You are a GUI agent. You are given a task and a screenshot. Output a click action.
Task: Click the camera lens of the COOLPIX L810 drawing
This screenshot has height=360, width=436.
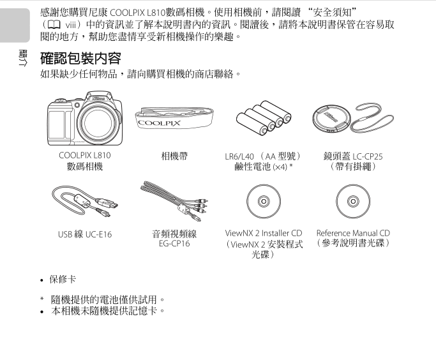tap(98, 123)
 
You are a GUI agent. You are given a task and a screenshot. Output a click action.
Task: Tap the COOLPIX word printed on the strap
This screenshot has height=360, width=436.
tap(159, 123)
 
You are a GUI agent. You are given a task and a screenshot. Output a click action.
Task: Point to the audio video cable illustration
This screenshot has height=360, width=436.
tap(174, 200)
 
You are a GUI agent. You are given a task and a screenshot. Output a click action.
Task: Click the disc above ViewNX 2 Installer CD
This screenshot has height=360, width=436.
tap(264, 201)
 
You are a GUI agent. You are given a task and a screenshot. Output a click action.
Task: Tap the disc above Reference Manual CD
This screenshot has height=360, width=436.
tap(353, 201)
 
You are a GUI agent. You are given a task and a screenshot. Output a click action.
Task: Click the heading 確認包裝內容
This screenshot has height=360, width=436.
tap(80, 58)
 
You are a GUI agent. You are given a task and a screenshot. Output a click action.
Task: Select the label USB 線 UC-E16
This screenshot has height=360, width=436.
tap(85, 234)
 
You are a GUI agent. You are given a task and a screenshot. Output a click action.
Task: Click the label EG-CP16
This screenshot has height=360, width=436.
tap(174, 244)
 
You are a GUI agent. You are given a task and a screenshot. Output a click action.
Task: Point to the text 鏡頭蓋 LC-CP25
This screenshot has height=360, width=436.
tap(353, 156)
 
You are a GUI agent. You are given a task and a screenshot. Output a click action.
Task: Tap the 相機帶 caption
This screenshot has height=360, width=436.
tap(174, 156)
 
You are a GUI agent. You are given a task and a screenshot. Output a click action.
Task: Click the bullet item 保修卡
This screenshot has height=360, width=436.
tap(63, 280)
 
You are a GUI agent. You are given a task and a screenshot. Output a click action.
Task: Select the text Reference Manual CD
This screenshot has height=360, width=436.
tap(353, 233)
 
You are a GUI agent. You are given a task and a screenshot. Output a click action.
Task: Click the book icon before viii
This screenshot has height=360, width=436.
tap(54, 25)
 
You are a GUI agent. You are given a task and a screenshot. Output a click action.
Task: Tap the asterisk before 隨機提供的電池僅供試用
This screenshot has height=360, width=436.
tap(42, 299)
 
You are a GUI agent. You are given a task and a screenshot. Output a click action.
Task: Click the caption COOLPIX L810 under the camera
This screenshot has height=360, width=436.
tap(85, 155)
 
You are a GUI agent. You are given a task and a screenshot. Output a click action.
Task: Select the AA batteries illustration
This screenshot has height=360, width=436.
tap(264, 118)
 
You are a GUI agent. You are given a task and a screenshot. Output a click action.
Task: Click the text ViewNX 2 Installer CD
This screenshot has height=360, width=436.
tap(264, 233)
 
